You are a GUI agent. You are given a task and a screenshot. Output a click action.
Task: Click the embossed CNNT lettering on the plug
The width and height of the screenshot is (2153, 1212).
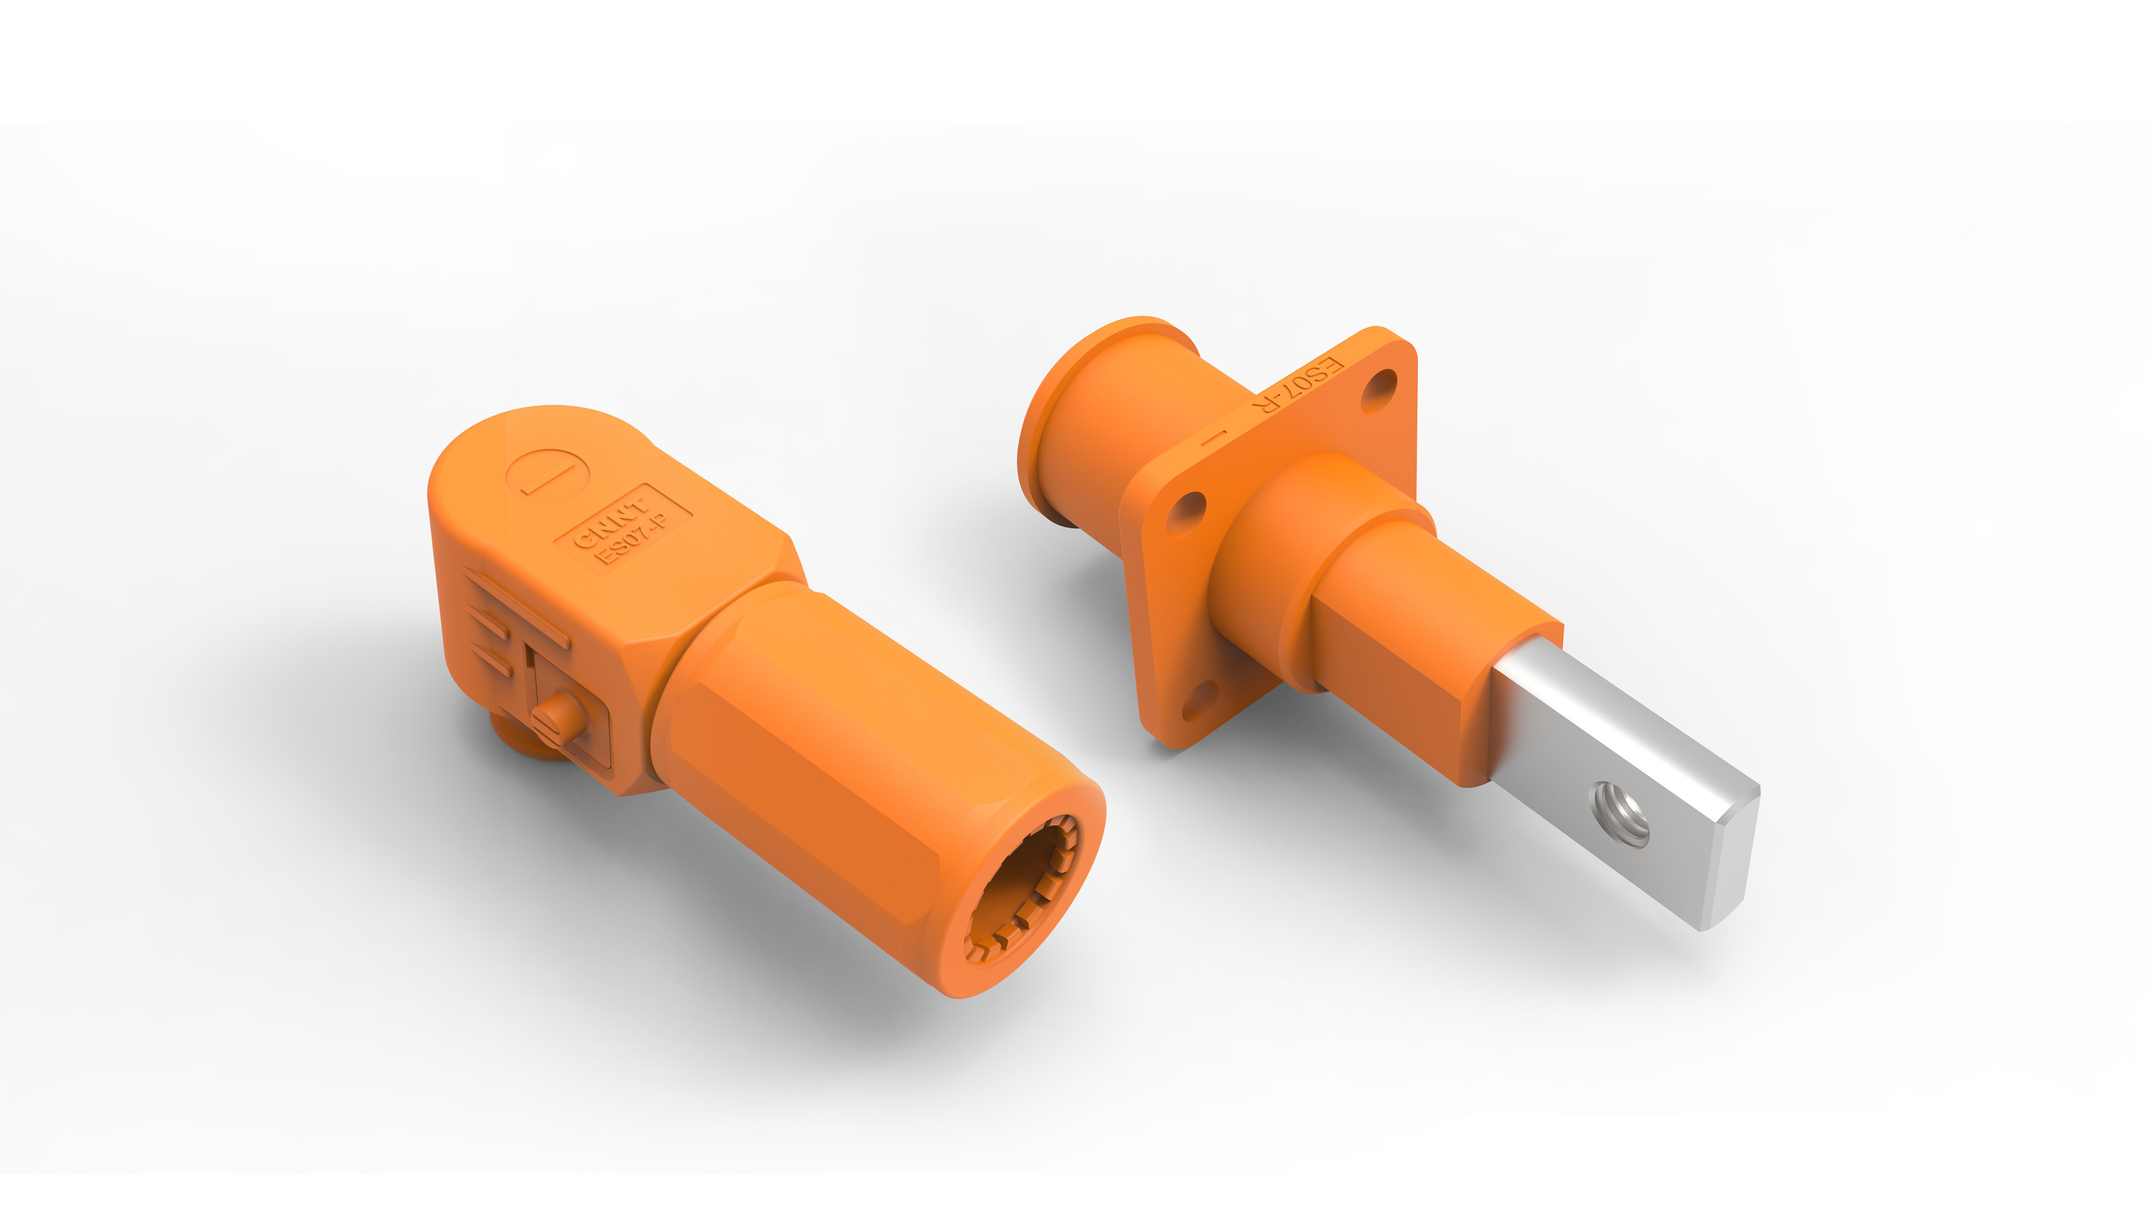point(610,522)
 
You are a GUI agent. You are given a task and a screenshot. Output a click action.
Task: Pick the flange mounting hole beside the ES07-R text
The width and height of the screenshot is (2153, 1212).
point(1379,391)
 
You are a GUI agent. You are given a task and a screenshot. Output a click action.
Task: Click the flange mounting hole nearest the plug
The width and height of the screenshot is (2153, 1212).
point(1185,513)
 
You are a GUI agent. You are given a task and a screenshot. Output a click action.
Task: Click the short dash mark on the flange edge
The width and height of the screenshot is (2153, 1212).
point(1213,436)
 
